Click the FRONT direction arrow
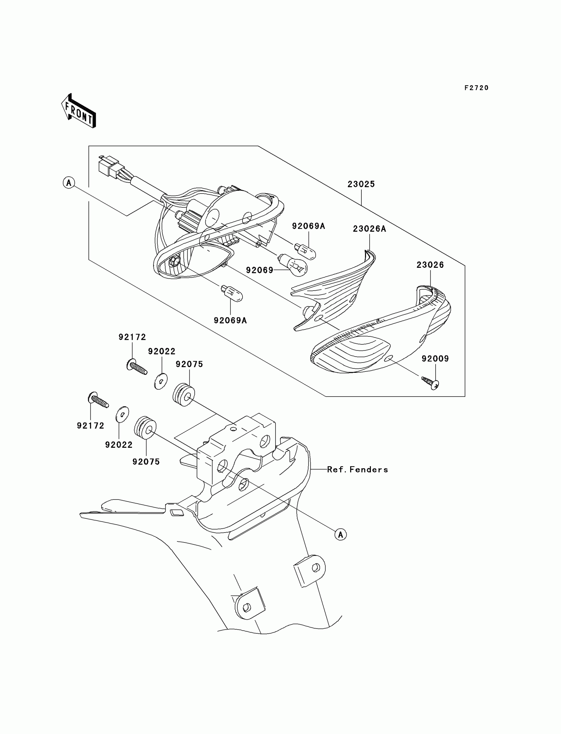[79, 111]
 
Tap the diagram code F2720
[476, 88]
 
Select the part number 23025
[361, 184]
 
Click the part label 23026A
[369, 229]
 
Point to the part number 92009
[435, 359]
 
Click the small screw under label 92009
[430, 382]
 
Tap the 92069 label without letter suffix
[259, 270]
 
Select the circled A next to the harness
[69, 183]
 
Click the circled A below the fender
[341, 535]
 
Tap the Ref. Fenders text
[357, 470]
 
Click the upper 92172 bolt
[137, 368]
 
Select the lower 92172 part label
[90, 426]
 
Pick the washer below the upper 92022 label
[161, 382]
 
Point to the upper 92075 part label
[189, 364]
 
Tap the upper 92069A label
[308, 226]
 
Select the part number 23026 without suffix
[430, 265]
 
